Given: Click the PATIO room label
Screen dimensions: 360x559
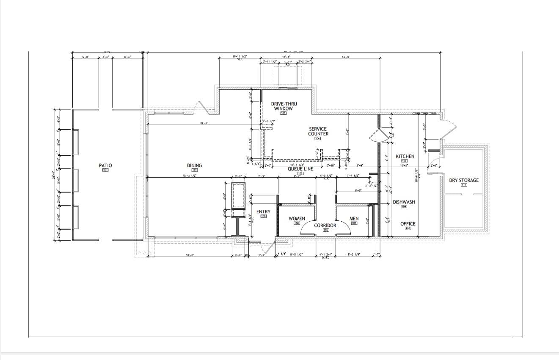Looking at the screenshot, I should pyautogui.click(x=105, y=165).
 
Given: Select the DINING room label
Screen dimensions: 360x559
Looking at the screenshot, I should pyautogui.click(x=194, y=165).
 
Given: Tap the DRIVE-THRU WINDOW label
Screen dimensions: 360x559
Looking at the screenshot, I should pyautogui.click(x=284, y=106).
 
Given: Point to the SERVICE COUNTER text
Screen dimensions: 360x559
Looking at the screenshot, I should pyautogui.click(x=318, y=132).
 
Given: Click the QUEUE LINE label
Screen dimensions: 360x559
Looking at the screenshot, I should pyautogui.click(x=300, y=168).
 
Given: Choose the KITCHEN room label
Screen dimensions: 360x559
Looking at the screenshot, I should pyautogui.click(x=405, y=157).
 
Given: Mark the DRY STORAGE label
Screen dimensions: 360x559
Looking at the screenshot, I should pyautogui.click(x=464, y=180).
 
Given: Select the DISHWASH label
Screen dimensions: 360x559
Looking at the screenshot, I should pyautogui.click(x=404, y=202).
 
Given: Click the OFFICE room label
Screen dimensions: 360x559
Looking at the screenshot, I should pyautogui.click(x=408, y=224).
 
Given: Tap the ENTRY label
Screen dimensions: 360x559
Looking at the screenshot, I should pyautogui.click(x=263, y=212).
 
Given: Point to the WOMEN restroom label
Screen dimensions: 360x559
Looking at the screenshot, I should pyautogui.click(x=297, y=219).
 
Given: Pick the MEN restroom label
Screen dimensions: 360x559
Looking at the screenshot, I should pyautogui.click(x=354, y=219).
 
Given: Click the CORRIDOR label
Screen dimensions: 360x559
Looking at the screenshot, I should pyautogui.click(x=325, y=225).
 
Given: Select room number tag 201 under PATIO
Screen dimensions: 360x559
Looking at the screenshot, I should pyautogui.click(x=105, y=170).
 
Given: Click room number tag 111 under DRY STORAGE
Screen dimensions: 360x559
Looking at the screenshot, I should pyautogui.click(x=464, y=185).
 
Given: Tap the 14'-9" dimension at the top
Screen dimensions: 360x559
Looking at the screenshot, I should pyautogui.click(x=346, y=56).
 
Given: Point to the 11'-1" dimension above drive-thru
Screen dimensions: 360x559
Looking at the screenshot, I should pyautogui.click(x=286, y=56).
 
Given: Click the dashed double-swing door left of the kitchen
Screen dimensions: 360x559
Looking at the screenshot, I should pyautogui.click(x=376, y=134).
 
